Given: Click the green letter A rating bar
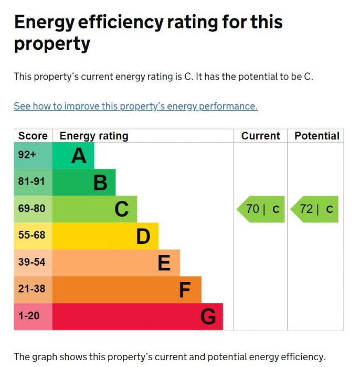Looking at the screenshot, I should (73, 156).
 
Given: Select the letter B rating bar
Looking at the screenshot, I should (84, 182).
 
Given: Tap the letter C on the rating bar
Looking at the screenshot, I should (121, 209).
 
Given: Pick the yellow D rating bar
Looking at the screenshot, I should (105, 236).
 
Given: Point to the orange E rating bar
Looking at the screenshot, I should (116, 263).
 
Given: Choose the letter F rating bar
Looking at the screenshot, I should (126, 289).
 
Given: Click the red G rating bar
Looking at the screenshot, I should (137, 316).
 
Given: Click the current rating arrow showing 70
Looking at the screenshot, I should (262, 209).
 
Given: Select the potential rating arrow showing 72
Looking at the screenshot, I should (315, 209).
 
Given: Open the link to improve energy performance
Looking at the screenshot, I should (135, 106).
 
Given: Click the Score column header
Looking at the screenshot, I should (33, 136).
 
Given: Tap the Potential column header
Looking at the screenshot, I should (316, 136).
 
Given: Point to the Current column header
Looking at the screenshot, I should (260, 136).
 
